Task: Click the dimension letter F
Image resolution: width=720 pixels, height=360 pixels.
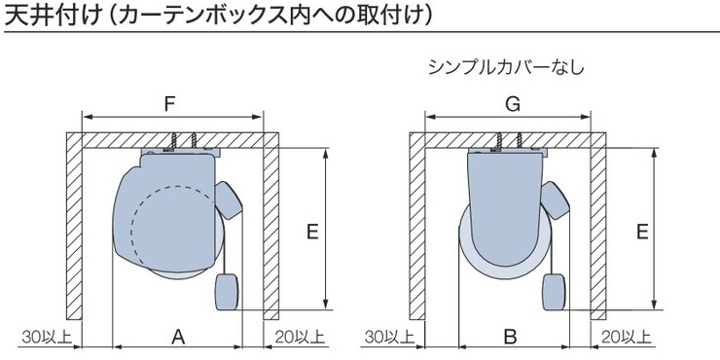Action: pyautogui.click(x=170, y=105)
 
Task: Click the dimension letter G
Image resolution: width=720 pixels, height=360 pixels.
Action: pyautogui.click(x=513, y=105)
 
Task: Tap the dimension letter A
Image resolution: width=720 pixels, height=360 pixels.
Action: pyautogui.click(x=178, y=338)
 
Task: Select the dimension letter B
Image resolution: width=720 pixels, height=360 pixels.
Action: pyautogui.click(x=510, y=338)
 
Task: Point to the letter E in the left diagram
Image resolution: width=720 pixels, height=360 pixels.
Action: pyautogui.click(x=312, y=233)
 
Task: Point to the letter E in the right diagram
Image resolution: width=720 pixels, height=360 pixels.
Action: pyautogui.click(x=642, y=233)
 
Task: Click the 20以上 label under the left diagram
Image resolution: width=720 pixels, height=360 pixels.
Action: pyautogui.click(x=300, y=338)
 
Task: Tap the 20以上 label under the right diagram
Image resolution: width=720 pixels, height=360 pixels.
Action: pyautogui.click(x=627, y=338)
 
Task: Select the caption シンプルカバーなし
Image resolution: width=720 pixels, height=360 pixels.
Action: pyautogui.click(x=507, y=67)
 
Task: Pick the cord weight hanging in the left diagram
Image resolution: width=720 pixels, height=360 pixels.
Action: pyautogui.click(x=227, y=292)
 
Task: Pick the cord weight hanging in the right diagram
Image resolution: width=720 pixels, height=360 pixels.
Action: pyautogui.click(x=554, y=292)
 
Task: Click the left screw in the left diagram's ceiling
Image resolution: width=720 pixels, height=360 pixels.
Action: pyautogui.click(x=174, y=141)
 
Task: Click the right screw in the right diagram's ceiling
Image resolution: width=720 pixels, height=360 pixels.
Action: pyautogui.click(x=520, y=140)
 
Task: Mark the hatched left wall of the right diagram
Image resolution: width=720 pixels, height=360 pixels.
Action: pyautogui.click(x=417, y=227)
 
